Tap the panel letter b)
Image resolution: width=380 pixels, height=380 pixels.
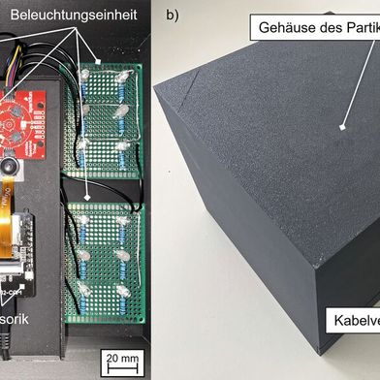(173, 16)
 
